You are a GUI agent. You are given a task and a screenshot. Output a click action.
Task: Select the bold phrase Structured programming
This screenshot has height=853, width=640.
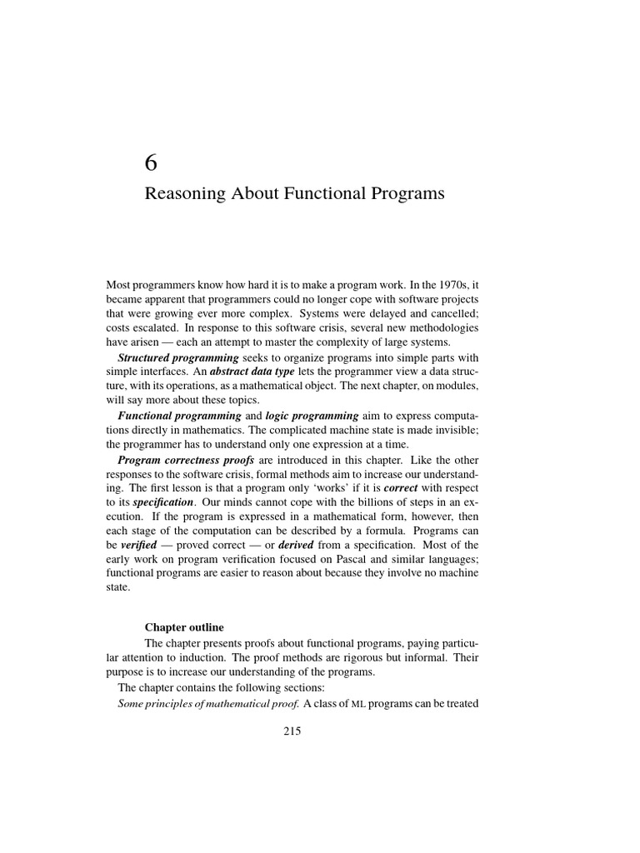(x=167, y=357)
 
